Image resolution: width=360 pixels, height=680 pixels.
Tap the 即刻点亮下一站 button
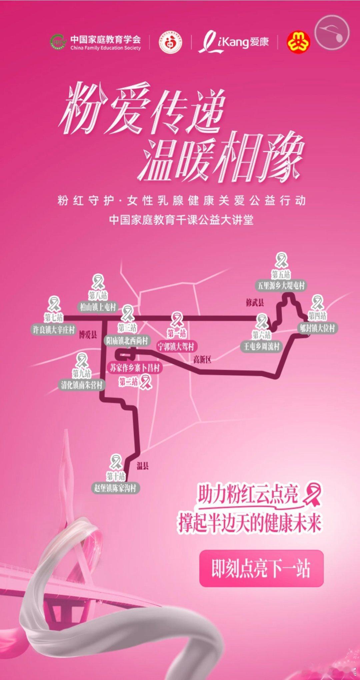(261, 568)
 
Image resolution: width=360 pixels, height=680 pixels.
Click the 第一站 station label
(177, 333)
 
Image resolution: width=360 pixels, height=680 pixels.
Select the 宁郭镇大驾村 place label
(176, 347)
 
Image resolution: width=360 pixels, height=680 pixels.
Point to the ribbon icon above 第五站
(281, 260)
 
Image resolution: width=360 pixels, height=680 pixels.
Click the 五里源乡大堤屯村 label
(281, 286)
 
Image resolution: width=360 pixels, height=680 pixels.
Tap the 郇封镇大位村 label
(317, 328)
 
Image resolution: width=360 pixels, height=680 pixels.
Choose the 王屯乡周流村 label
(261, 346)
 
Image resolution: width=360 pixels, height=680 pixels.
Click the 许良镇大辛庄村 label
(53, 330)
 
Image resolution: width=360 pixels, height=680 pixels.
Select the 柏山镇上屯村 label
(98, 307)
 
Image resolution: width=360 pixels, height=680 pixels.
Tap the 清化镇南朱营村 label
(82, 385)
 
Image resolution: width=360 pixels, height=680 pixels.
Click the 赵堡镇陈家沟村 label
(115, 488)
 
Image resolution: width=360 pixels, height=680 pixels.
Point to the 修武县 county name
(255, 303)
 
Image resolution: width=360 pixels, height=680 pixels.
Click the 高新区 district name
(202, 360)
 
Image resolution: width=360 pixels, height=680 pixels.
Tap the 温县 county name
(143, 466)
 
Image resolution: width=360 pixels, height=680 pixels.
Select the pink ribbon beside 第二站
(145, 382)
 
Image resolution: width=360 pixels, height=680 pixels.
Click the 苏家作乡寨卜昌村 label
(135, 368)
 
